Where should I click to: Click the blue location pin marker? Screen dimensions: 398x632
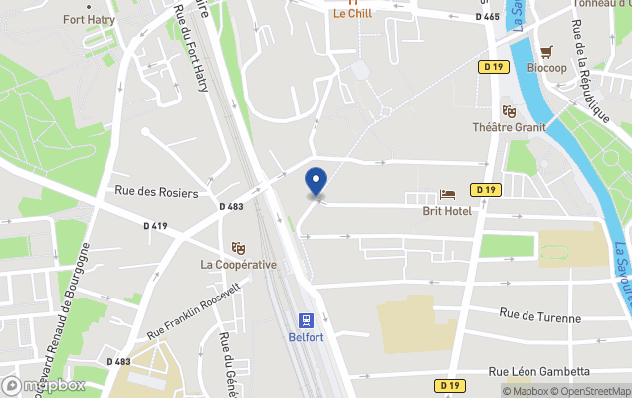click(x=316, y=182)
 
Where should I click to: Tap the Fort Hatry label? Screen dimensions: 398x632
click(x=89, y=19)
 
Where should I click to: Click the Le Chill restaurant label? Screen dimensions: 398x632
click(x=352, y=14)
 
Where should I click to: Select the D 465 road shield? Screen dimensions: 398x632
click(x=487, y=17)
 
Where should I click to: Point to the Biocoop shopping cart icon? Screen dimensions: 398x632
click(x=546, y=51)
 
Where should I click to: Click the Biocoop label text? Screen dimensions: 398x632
click(x=546, y=68)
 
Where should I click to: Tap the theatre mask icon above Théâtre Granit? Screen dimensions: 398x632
click(x=509, y=111)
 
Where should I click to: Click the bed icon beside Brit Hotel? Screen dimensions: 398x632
click(x=447, y=195)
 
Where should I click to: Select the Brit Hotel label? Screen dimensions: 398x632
click(x=447, y=211)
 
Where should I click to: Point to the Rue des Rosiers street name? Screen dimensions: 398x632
click(x=156, y=192)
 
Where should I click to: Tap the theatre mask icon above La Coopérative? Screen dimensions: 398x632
click(x=238, y=247)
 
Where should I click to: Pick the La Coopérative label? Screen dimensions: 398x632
click(x=238, y=264)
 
